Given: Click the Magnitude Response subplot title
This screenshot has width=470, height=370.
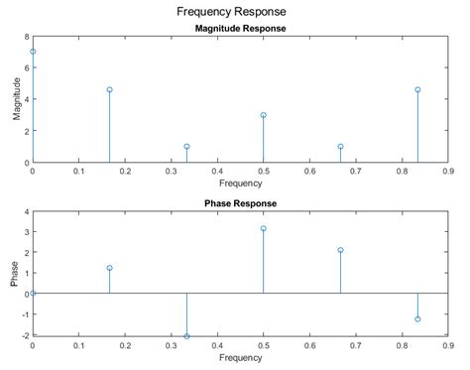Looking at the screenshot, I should click(x=238, y=29).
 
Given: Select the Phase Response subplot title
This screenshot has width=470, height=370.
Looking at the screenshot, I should click(x=238, y=203).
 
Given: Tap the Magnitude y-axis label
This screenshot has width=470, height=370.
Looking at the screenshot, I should click(x=17, y=99).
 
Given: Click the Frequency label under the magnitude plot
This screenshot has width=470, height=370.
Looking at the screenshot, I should click(x=239, y=183).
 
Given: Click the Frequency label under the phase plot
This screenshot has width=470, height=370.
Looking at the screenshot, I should click(x=239, y=357).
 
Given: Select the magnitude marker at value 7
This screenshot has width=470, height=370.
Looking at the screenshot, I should click(x=33, y=52).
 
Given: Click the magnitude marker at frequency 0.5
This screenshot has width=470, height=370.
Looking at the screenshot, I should click(x=264, y=115).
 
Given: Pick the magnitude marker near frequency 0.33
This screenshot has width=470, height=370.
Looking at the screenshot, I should click(x=186, y=147).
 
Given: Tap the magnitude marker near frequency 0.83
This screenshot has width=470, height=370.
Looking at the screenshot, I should click(x=417, y=89).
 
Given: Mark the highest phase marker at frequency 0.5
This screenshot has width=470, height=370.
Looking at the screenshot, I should click(x=264, y=228).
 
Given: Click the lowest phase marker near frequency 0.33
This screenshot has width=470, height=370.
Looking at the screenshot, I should click(x=186, y=336).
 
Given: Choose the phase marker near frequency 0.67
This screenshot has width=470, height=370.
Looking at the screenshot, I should click(x=340, y=250).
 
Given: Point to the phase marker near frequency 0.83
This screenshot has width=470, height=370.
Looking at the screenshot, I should click(x=417, y=319).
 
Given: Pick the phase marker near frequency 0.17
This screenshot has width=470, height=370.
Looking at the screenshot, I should click(x=109, y=268).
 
